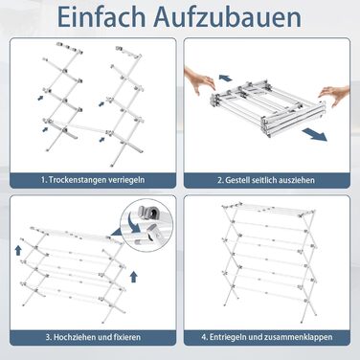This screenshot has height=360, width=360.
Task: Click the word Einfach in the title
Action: pyautogui.click(x=101, y=16)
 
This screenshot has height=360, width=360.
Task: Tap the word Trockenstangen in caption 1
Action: pyautogui.click(x=77, y=180)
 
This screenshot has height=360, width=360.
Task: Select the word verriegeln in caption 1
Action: pyautogui.click(x=126, y=180)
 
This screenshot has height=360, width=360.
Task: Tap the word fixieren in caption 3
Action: pyautogui.click(x=127, y=337)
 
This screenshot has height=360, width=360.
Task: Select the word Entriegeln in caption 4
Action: pyautogui.click(x=227, y=337)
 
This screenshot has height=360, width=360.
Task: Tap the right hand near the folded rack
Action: pyautogui.click(x=335, y=96)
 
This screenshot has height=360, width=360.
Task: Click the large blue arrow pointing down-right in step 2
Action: pyautogui.click(x=315, y=134)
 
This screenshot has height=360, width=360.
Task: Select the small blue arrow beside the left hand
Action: pyautogui.click(x=226, y=79)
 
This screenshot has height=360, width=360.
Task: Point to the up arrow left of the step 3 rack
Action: pyautogui.click(x=18, y=250)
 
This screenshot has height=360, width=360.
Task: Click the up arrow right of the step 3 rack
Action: pyautogui.click(x=134, y=277)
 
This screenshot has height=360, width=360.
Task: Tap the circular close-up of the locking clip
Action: pyautogui.click(x=146, y=226)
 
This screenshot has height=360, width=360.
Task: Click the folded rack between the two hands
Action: pyautogui.click(x=267, y=107)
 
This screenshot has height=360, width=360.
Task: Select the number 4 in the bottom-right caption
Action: pyautogui.click(x=204, y=337)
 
